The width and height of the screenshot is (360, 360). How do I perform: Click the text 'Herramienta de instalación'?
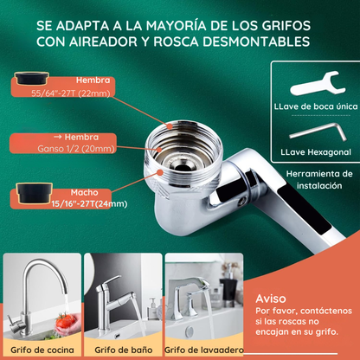[x=315, y=178]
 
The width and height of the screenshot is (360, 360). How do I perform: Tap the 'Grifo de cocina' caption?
[x=35, y=350]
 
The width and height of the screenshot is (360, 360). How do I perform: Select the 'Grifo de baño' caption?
[x=117, y=350]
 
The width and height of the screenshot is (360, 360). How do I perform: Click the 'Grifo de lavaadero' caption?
[x=198, y=350]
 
